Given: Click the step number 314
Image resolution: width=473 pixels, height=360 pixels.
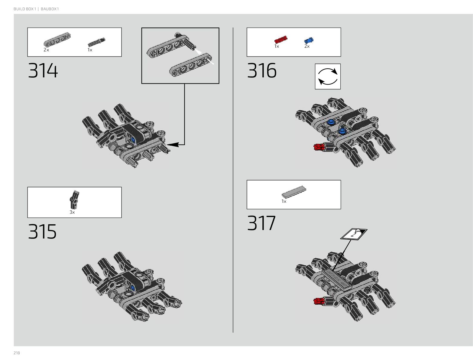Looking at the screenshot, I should pos(43,71).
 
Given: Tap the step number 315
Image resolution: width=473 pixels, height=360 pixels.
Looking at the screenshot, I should pos(42,232).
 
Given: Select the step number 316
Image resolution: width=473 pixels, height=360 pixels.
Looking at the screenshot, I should pos(262,71).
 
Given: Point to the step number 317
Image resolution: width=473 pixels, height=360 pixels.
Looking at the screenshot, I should pos(261,223).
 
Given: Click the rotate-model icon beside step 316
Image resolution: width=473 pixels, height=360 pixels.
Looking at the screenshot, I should pos(328,76).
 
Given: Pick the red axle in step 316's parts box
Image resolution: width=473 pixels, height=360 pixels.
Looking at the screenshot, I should pos(280,40).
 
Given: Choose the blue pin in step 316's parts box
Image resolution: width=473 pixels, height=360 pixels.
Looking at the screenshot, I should pos(309,40).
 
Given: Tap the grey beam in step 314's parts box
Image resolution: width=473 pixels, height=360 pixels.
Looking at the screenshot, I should pos(57,39).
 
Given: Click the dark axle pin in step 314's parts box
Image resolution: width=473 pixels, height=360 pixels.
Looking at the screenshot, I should pos(96,42).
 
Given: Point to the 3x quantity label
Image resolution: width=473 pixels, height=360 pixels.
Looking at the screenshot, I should pos(72,212).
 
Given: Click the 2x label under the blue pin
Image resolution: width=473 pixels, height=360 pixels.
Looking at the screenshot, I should pos(307,46).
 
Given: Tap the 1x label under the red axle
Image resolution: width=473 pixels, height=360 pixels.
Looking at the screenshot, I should pos(277,46).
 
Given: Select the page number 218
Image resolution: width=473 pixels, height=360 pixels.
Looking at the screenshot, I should pos(17,353).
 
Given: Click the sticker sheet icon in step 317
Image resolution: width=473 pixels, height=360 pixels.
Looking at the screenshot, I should pos(354,234).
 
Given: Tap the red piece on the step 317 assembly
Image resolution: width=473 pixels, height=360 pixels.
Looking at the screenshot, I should pos(319,301).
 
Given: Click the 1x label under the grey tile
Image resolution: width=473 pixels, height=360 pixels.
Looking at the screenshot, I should pos(284,201).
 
